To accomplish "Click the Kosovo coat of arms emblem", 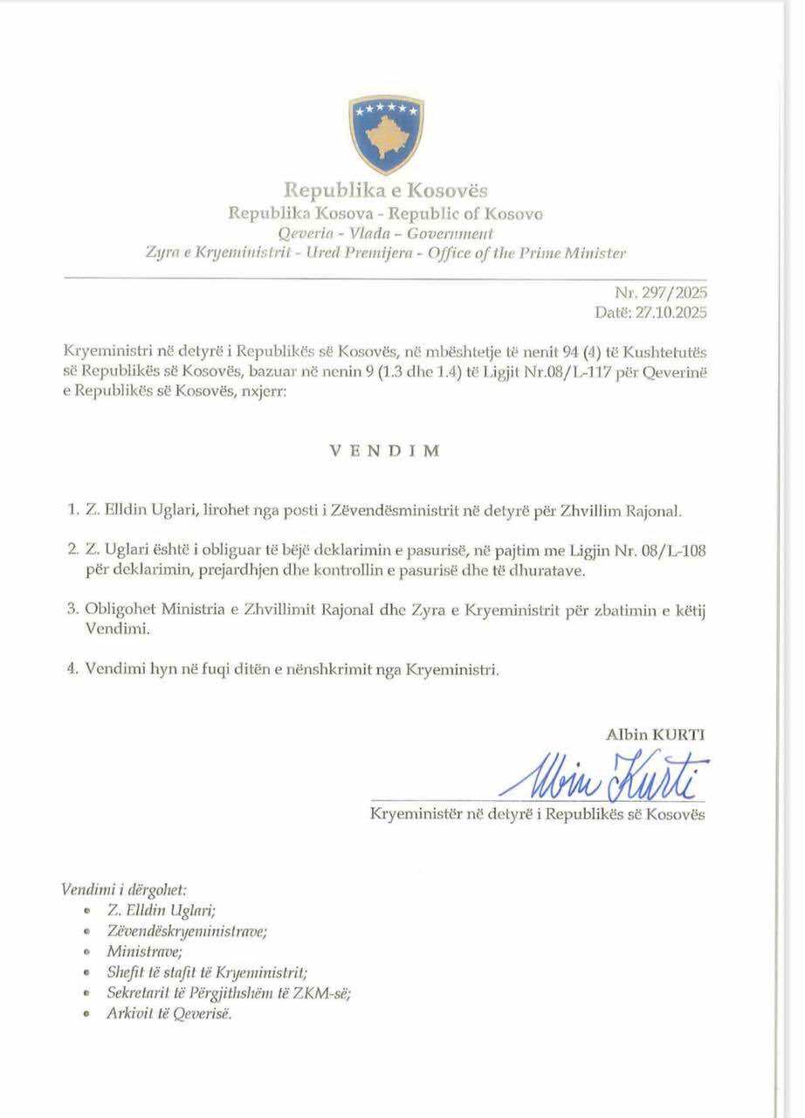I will point(386,135).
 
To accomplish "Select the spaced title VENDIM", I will point(384,452).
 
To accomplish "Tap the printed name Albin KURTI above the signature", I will point(655,735).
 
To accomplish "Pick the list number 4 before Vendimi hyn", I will point(69,670).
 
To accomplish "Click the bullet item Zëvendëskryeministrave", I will point(187,931).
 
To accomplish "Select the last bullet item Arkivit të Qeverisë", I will point(169,1014).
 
